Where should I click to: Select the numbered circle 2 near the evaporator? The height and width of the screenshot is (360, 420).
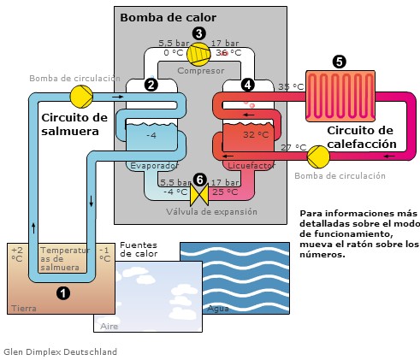pos(151,85)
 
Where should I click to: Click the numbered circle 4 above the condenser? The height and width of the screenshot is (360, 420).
pos(248,85)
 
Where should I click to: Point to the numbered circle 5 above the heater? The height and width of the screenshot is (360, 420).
pos(340,62)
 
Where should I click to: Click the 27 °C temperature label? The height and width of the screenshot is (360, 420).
pos(293,147)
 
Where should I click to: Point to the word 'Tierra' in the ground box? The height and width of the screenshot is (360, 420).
pos(22,308)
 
